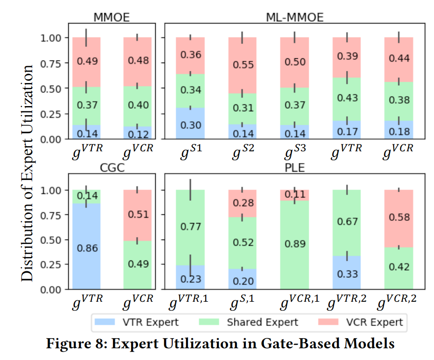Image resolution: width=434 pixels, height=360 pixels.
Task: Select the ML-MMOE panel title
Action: (x=294, y=17)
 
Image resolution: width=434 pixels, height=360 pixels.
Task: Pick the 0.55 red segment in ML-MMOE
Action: (x=243, y=65)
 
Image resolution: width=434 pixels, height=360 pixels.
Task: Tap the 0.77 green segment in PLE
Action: (x=190, y=226)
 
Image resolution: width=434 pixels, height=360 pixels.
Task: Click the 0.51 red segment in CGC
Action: (x=138, y=215)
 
